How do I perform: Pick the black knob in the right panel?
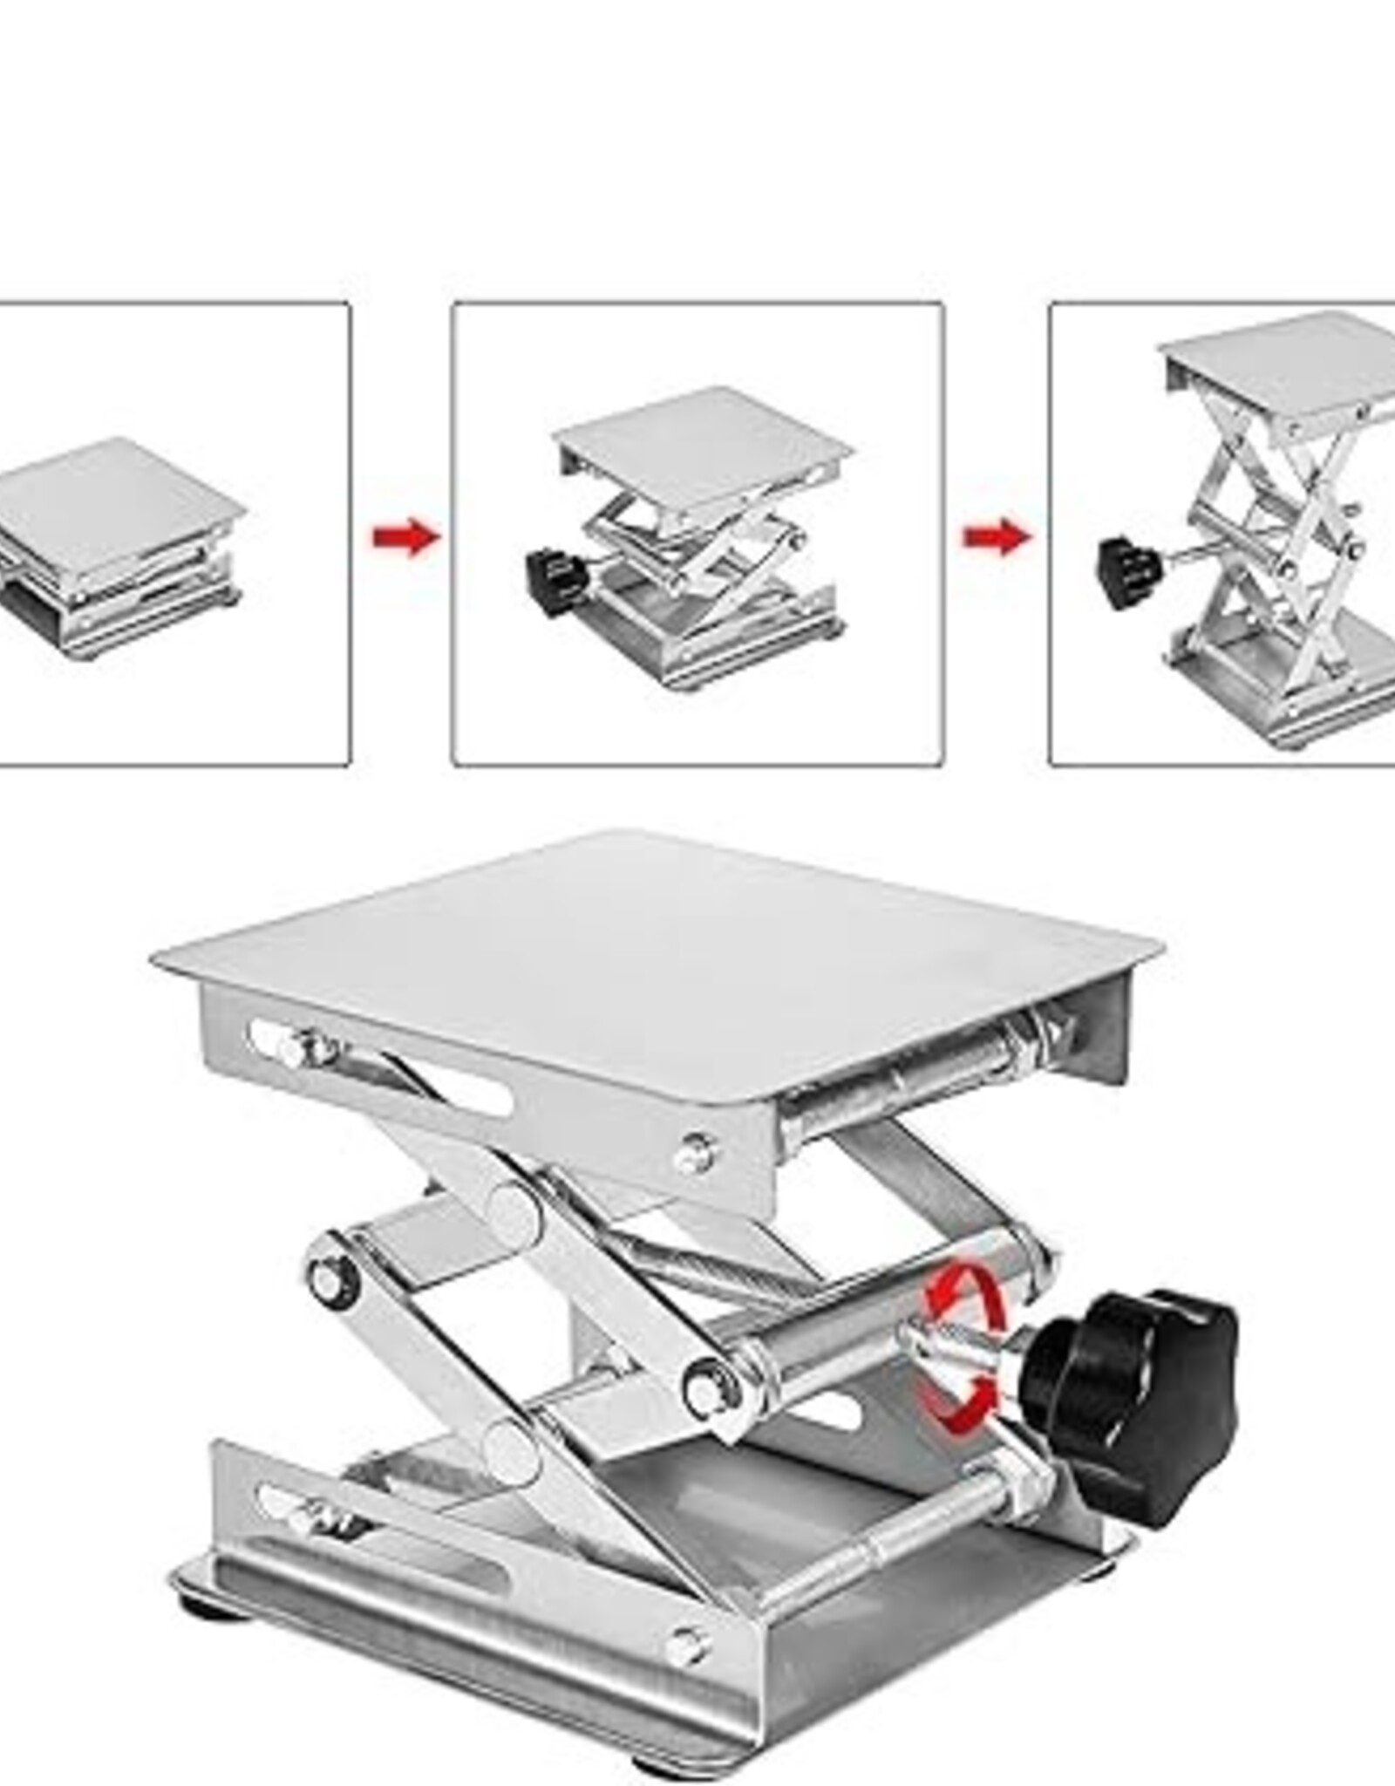pos(1128,572)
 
